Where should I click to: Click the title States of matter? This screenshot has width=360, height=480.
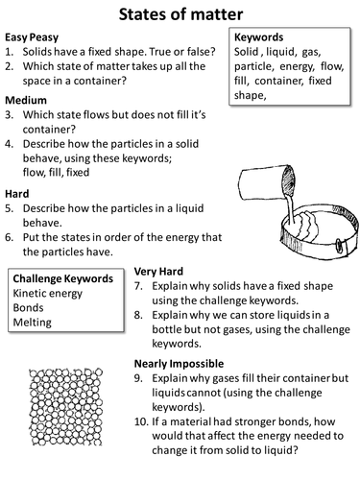(x=180, y=14)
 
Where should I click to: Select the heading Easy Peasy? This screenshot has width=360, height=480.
(x=32, y=37)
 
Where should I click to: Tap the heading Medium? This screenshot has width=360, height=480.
(x=26, y=100)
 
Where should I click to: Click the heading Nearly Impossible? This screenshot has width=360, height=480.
(x=179, y=364)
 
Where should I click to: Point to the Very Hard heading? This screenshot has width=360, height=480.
(x=158, y=272)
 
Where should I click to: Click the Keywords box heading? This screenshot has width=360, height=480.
(x=258, y=37)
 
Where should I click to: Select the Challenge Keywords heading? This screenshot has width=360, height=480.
(x=63, y=278)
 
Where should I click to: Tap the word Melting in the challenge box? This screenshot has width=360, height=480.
(x=32, y=323)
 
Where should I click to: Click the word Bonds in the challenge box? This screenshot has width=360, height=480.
(x=28, y=307)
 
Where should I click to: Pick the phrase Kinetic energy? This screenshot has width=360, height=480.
(x=48, y=294)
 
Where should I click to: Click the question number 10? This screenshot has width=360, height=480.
(x=141, y=421)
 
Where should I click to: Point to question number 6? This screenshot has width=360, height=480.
(x=9, y=237)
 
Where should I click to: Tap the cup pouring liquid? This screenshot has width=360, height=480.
(x=267, y=182)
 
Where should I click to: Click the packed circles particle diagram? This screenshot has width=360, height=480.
(x=65, y=407)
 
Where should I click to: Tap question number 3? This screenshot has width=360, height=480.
(x=9, y=114)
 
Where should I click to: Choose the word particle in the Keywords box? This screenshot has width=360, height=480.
(x=253, y=66)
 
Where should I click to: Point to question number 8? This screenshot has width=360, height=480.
(x=138, y=315)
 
